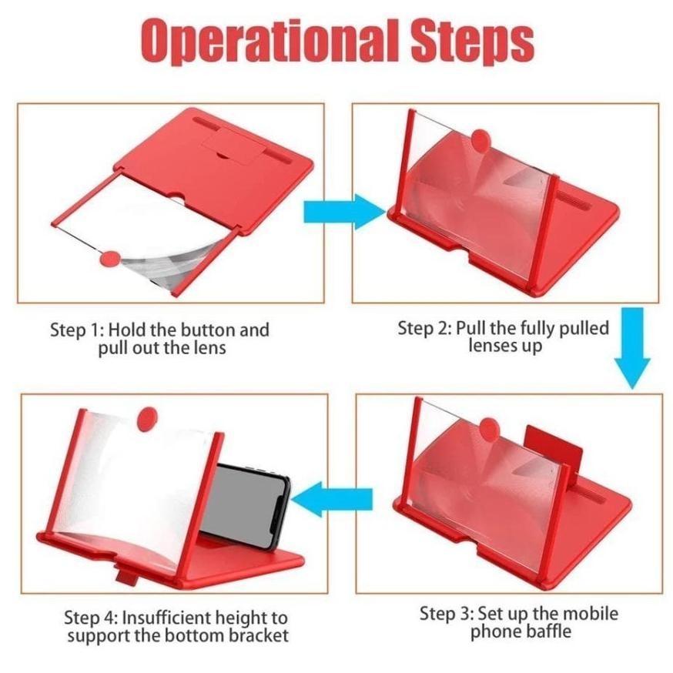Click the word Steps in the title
(472, 42)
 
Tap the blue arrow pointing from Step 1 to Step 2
(345, 212)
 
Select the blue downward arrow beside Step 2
(632, 347)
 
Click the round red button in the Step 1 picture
(110, 259)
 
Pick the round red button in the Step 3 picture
(489, 428)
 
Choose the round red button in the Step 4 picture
(147, 418)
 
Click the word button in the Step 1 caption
(208, 330)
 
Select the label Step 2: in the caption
(424, 328)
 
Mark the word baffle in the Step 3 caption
(551, 631)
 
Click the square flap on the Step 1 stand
(233, 148)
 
